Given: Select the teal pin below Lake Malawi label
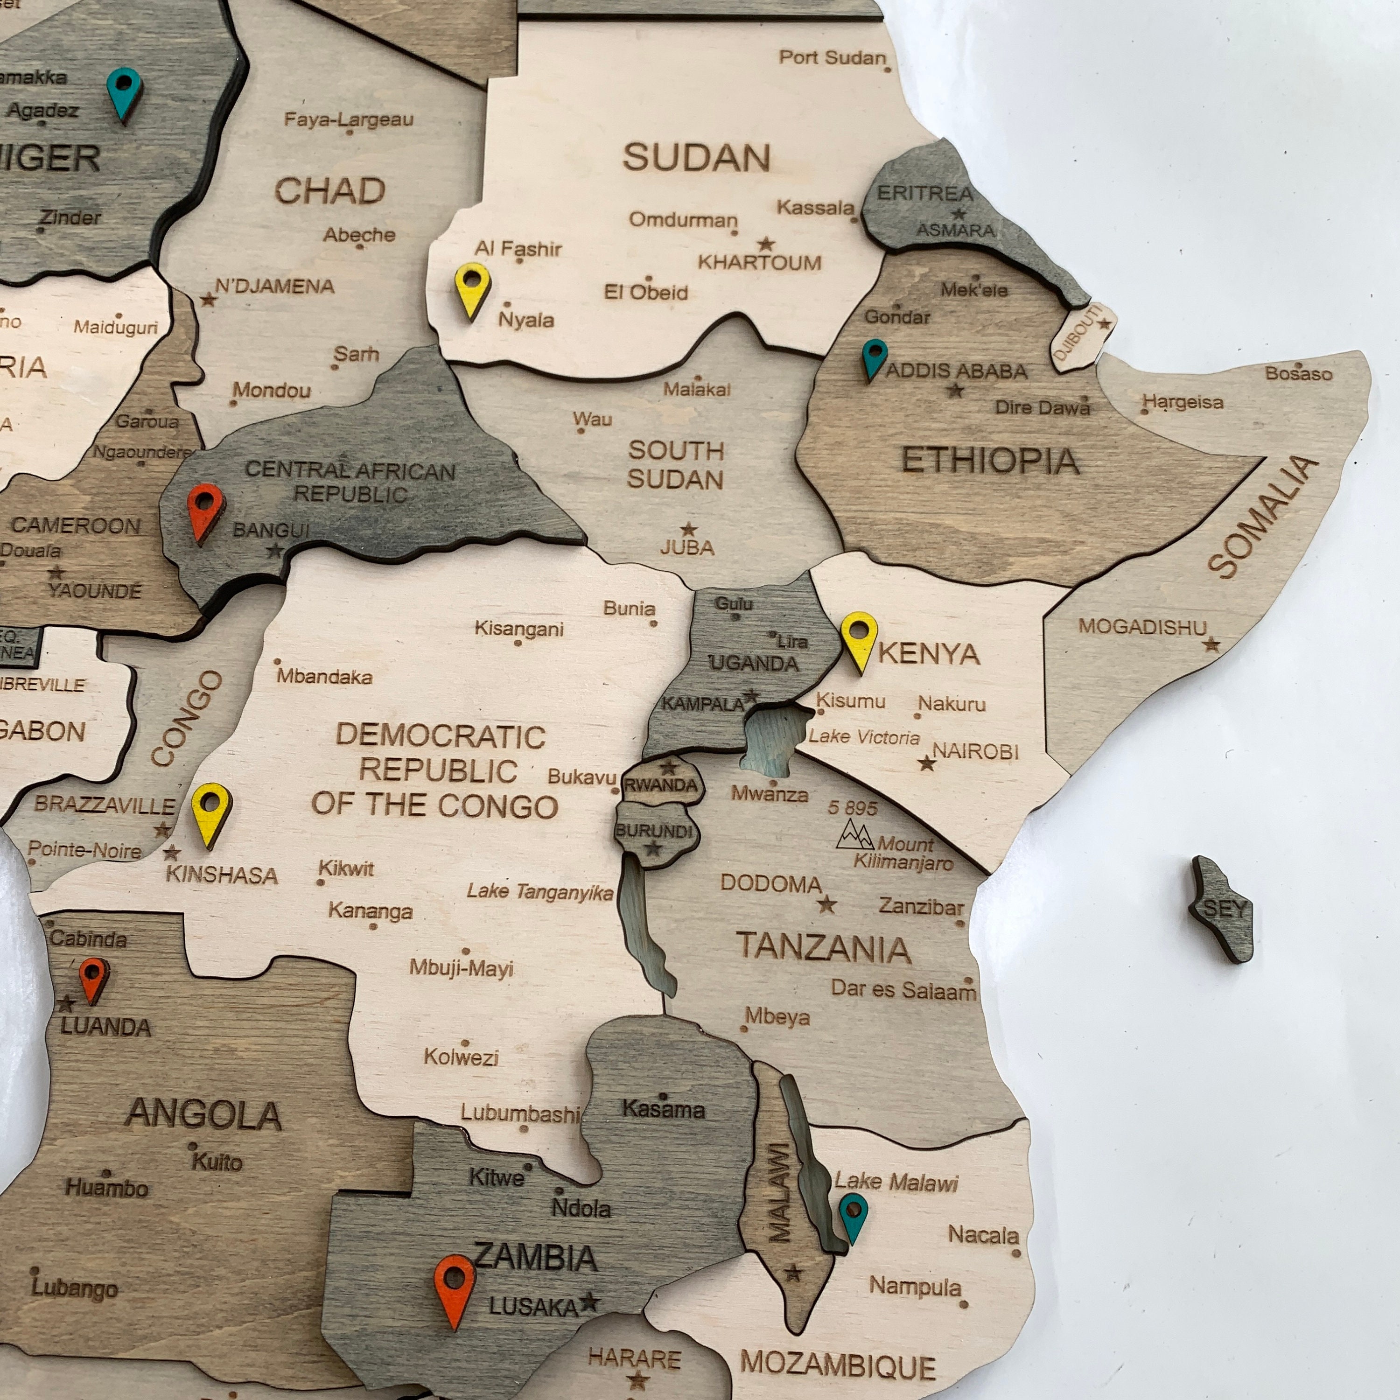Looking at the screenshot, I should coord(853,1217).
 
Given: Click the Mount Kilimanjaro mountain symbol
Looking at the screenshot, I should coord(854,835).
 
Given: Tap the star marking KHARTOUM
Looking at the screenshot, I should coord(766,244).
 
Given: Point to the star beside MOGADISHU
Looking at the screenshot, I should coord(1211,644).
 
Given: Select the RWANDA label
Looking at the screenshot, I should coord(661,785).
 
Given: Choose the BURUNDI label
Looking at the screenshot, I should coord(654,831).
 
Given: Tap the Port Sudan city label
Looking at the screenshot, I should coord(832,58).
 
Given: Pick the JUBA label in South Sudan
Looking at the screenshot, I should coord(687,547).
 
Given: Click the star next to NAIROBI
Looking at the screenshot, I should coord(926,763).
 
